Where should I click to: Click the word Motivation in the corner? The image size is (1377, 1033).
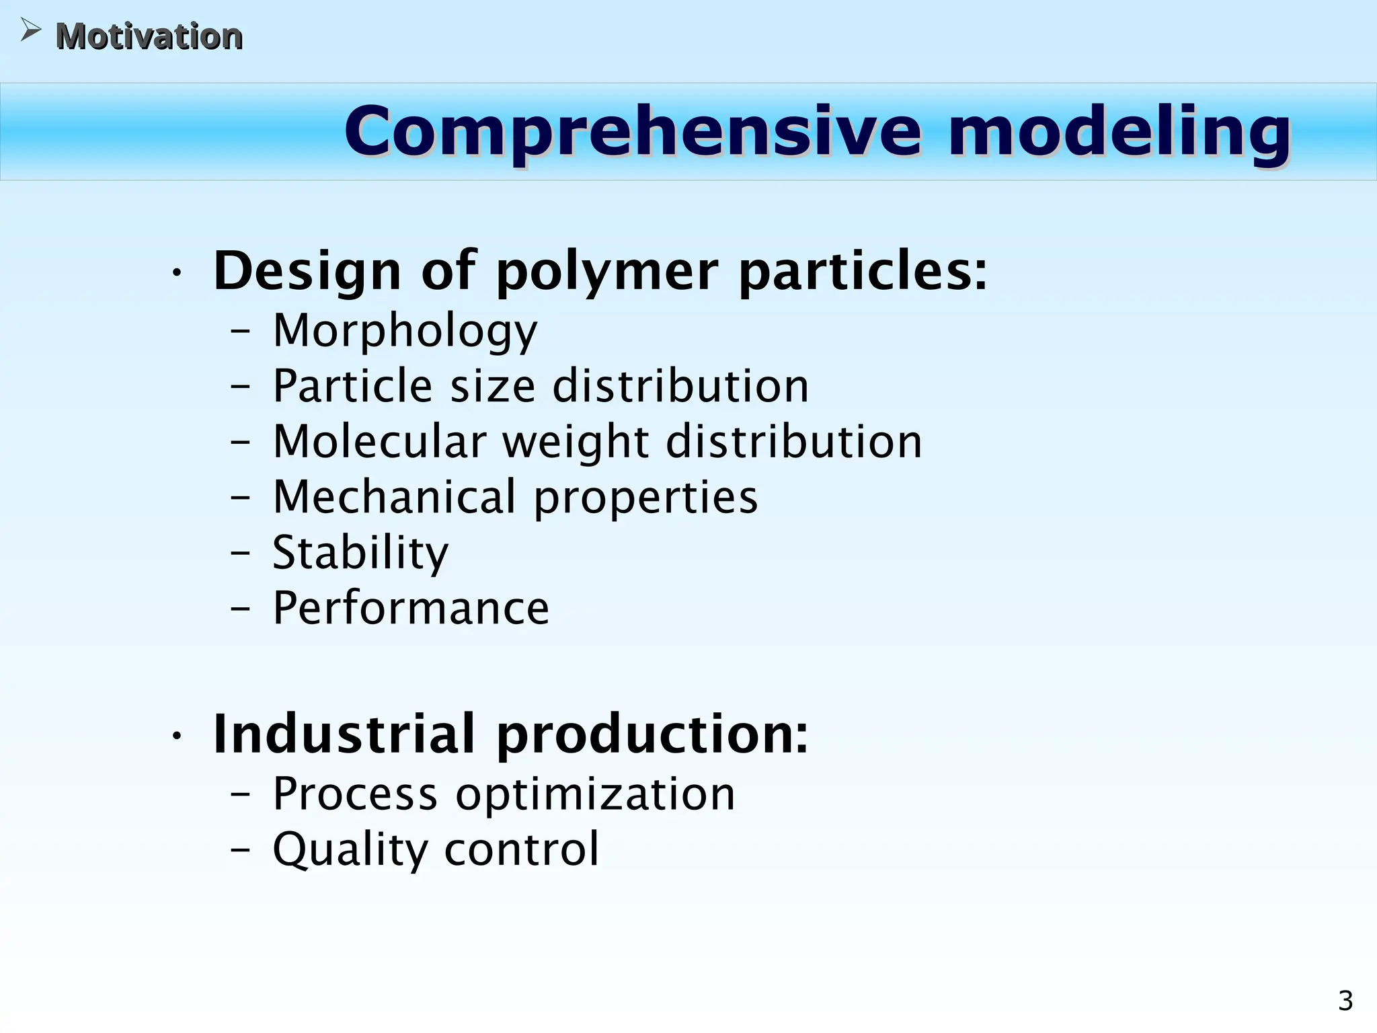[x=149, y=36]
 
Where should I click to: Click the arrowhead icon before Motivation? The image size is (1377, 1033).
[x=30, y=30]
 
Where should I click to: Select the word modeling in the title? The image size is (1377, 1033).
[x=1119, y=132]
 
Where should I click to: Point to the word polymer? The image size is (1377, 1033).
[x=607, y=272]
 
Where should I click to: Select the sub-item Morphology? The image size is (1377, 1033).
[x=405, y=331]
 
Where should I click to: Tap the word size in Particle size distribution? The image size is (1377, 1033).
[x=492, y=386]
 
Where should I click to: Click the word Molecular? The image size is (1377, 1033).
[x=379, y=442]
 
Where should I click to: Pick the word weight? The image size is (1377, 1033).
[x=576, y=443]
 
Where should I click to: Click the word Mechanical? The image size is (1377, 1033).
[x=394, y=497]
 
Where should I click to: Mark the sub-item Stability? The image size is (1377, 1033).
[x=360, y=553]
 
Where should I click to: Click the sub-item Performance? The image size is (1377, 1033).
[x=410, y=608]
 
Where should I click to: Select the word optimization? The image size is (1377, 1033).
[x=595, y=795]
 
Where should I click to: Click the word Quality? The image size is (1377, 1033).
[x=350, y=850]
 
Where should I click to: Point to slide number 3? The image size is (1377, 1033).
[x=1345, y=1001]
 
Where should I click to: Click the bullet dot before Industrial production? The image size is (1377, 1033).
[x=176, y=736]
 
